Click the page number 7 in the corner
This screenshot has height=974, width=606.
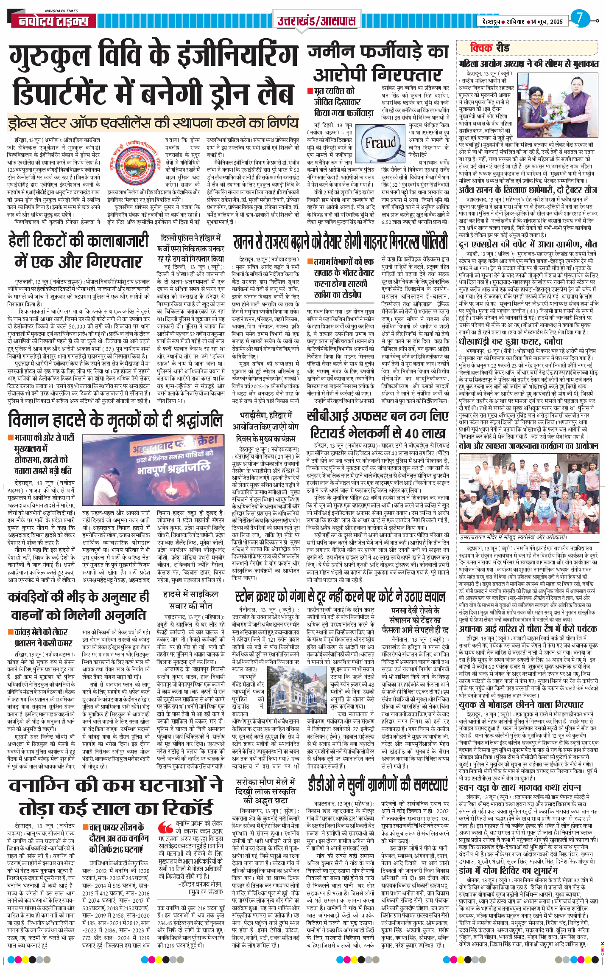point(579,18)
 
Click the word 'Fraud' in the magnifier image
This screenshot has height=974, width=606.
point(380,143)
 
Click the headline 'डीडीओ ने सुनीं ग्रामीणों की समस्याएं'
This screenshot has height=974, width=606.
point(377,786)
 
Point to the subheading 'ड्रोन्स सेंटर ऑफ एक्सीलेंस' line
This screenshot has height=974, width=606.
point(153,123)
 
